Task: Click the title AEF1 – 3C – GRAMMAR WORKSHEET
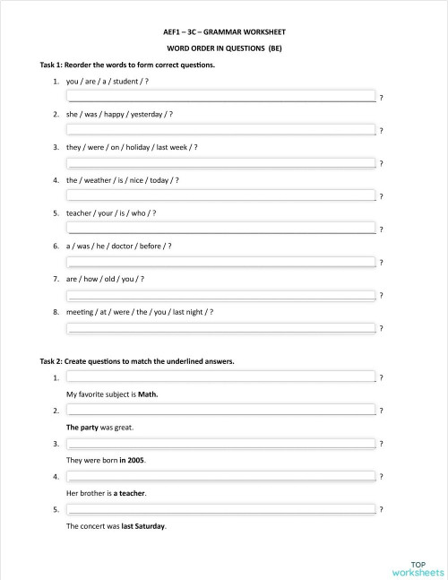(224, 31)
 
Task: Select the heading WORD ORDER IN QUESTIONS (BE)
(224, 48)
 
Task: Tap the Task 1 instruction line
(127, 65)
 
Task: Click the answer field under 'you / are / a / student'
(220, 96)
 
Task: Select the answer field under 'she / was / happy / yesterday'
(220, 129)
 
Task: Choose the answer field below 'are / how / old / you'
(220, 294)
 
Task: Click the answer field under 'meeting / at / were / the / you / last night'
(220, 327)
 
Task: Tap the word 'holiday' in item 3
(129, 147)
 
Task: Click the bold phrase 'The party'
(82, 428)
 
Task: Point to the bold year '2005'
(136, 460)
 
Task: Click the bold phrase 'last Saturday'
(143, 526)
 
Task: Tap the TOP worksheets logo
(418, 567)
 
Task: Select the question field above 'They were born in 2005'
(220, 444)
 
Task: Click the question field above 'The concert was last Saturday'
(220, 509)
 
